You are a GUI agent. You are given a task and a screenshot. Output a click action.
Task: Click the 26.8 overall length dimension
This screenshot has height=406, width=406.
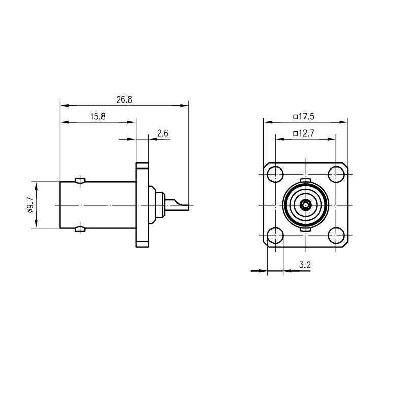tap(124, 99)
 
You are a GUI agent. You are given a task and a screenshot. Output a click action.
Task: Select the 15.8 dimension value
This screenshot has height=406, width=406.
tap(98, 117)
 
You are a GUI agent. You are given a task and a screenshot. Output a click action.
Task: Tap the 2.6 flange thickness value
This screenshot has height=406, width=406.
tap(163, 133)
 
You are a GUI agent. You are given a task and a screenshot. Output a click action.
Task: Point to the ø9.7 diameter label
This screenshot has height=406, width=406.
tap(30, 205)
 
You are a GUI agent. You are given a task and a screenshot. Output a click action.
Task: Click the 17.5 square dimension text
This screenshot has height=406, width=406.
tap(307, 117)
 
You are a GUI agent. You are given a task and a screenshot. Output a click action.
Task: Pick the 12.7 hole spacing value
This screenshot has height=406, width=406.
tap(307, 133)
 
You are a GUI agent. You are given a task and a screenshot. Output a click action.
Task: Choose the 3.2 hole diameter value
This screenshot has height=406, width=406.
tap(305, 265)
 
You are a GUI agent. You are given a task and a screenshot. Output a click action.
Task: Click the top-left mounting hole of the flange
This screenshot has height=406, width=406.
tap(275, 175)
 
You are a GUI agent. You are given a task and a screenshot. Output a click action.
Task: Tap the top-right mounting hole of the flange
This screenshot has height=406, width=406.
tap(336, 175)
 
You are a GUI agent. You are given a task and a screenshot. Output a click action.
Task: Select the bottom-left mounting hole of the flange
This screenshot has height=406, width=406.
tap(275, 235)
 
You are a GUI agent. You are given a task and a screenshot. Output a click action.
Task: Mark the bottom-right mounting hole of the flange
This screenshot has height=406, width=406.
tap(336, 235)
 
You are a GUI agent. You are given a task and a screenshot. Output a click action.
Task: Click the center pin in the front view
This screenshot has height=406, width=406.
tap(306, 205)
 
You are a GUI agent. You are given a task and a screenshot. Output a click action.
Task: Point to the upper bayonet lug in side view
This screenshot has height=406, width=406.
tap(80, 180)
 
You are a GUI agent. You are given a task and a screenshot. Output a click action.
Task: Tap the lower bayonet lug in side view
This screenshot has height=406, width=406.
tap(80, 229)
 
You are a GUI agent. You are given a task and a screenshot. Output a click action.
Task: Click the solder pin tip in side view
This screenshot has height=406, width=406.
tap(188, 208)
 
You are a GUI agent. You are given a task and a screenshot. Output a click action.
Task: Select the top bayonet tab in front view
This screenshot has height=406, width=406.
tap(306, 180)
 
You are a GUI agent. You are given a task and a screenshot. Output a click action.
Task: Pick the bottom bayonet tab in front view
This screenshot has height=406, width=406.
tap(306, 230)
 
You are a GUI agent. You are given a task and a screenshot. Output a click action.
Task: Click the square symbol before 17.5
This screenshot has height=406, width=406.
tap(296, 117)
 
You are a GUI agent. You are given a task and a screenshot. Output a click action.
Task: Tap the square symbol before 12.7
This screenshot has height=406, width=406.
tap(296, 133)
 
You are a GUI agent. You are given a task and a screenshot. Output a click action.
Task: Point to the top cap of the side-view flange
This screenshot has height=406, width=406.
tap(142, 165)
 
